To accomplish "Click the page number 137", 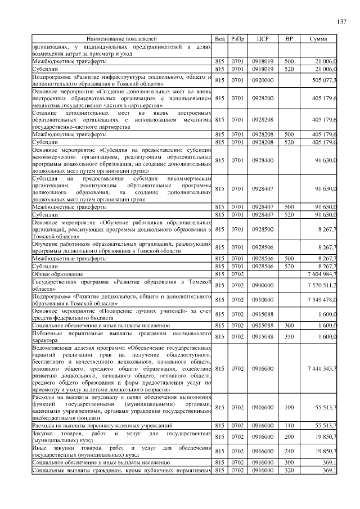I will [341, 22].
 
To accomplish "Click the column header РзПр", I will [237, 39].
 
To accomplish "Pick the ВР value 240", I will [289, 451].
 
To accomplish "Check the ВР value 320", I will [289, 470].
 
